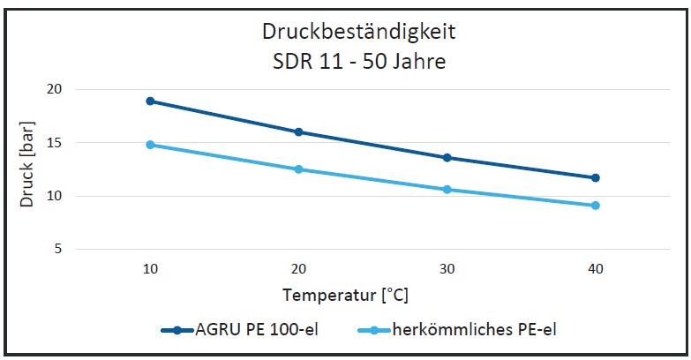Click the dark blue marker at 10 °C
[151, 101]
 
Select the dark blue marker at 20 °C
[298, 132]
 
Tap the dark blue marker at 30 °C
[447, 158]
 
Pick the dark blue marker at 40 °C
[595, 177]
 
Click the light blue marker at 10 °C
[151, 145]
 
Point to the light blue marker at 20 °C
[298, 169]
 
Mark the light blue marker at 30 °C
[447, 190]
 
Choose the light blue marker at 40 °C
[595, 206]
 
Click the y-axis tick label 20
[54, 89]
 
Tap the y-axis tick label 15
[54, 143]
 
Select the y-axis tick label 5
[57, 250]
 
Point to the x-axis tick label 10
[151, 268]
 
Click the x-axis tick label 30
[447, 268]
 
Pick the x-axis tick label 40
[595, 268]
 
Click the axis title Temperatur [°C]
[345, 294]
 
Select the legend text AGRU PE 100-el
[257, 330]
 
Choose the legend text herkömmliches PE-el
[475, 330]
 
